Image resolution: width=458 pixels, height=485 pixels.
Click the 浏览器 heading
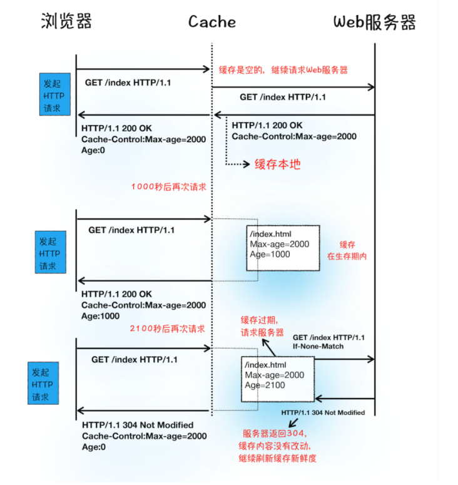click(66, 22)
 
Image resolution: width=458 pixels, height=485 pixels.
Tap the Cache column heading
click(212, 23)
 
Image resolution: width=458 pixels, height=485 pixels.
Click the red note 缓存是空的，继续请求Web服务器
click(283, 69)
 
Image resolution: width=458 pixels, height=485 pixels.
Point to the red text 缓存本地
click(277, 165)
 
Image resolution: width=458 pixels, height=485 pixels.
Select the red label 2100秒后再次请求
click(167, 328)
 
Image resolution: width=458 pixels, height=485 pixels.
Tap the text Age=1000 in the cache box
click(270, 254)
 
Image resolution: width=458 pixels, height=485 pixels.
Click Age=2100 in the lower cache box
click(265, 385)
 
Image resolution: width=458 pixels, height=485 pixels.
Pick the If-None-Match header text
click(319, 346)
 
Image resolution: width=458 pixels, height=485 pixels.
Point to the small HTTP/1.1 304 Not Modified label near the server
click(323, 412)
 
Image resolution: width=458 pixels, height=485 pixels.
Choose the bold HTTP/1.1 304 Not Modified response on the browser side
click(138, 425)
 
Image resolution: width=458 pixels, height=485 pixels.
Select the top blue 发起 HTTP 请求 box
click(57, 95)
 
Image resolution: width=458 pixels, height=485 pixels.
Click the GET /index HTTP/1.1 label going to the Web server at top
click(282, 97)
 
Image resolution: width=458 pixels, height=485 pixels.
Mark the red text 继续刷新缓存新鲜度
click(277, 458)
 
